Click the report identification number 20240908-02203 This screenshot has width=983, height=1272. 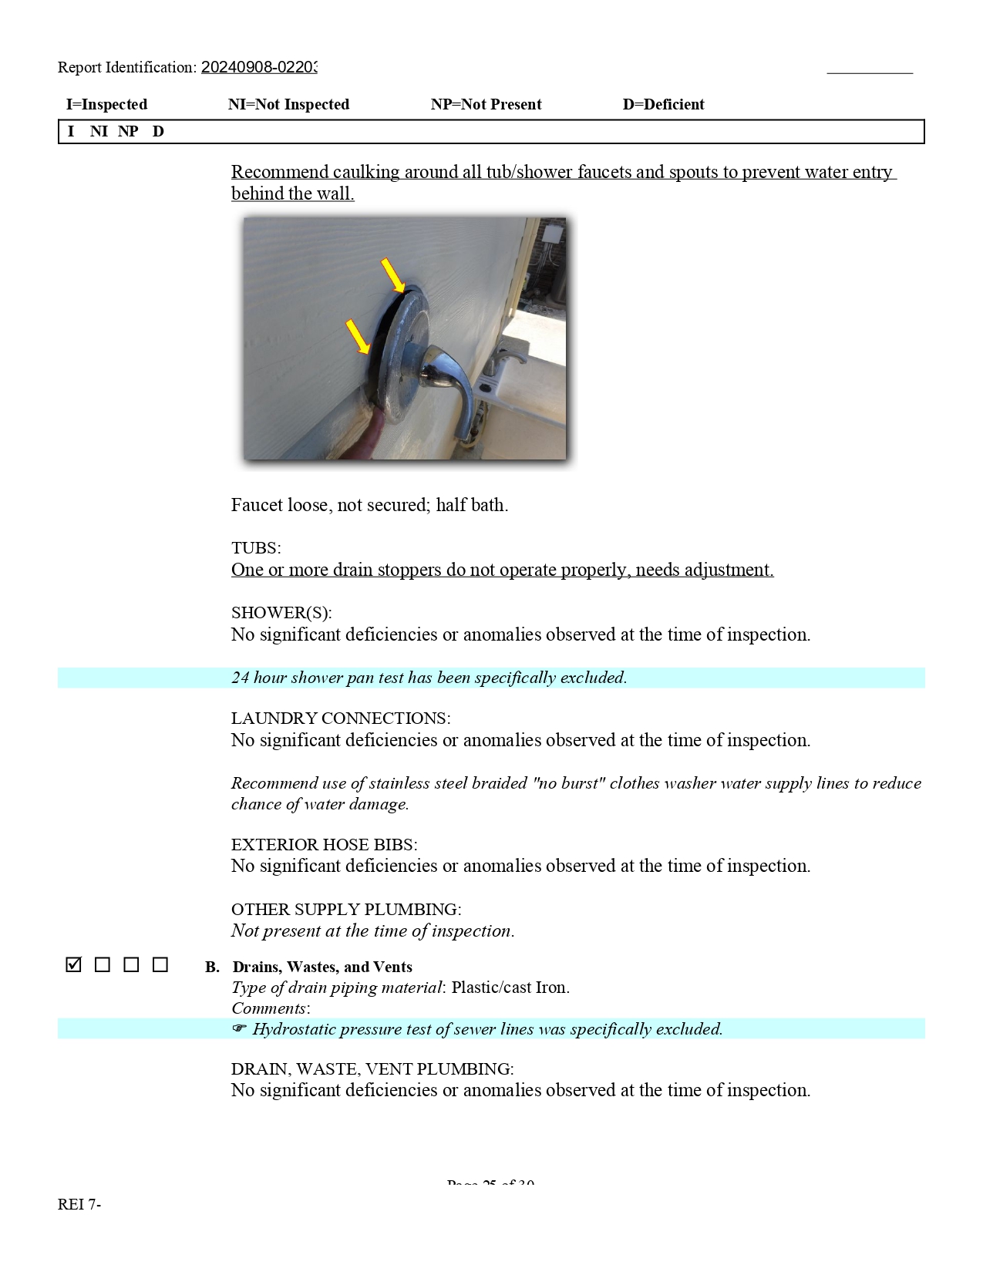click(x=259, y=68)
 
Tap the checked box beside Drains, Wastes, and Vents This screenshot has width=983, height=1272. click(x=74, y=964)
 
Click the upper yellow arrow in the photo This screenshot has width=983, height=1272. click(x=393, y=276)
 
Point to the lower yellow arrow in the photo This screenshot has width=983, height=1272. click(x=358, y=337)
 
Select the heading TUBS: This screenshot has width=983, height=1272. click(x=256, y=548)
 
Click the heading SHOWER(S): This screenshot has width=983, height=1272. click(x=281, y=613)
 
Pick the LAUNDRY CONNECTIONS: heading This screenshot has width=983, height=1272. click(x=341, y=718)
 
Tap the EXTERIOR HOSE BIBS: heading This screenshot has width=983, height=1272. click(x=324, y=844)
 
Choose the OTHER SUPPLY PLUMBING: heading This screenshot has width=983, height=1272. click(x=346, y=910)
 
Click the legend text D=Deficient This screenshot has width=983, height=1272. click(x=663, y=105)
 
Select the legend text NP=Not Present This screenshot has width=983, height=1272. click(x=486, y=105)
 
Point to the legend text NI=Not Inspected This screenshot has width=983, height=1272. click(x=288, y=105)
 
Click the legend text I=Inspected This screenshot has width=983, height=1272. click(x=106, y=105)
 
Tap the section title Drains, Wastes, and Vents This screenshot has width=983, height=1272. click(x=322, y=967)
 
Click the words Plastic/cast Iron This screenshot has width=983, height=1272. click(x=510, y=988)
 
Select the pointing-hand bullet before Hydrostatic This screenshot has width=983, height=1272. click(x=239, y=1029)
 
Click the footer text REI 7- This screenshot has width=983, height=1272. click(x=79, y=1204)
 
